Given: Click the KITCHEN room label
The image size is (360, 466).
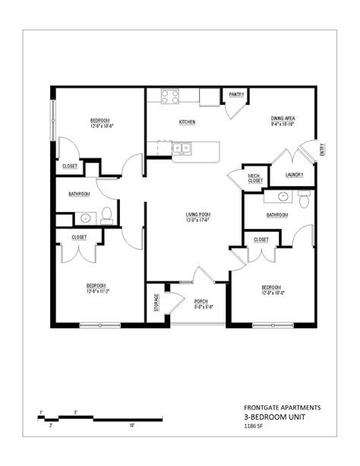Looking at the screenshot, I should (188, 122).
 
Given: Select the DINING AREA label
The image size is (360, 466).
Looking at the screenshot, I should (283, 119).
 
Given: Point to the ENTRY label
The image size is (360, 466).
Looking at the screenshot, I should (321, 150).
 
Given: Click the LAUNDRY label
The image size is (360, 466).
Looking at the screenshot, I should (295, 175).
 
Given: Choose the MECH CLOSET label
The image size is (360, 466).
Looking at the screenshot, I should (254, 179).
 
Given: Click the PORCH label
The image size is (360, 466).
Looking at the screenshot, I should (201, 301).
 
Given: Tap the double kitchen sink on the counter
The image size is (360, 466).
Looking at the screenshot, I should (182, 148).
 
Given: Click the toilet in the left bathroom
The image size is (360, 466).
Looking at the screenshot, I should (106, 214).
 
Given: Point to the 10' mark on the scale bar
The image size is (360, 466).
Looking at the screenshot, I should (132, 426).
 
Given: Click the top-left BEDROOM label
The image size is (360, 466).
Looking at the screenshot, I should (101, 120).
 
